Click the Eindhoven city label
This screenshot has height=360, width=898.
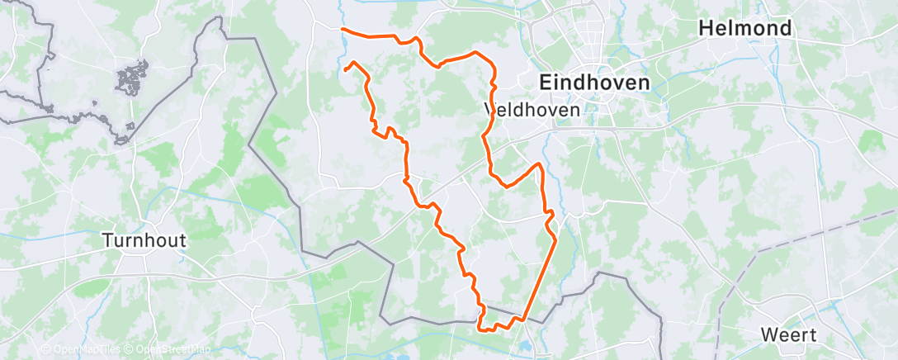tap(593, 83)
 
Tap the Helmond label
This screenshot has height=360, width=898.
tap(744, 28)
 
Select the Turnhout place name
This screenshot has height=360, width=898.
tap(144, 241)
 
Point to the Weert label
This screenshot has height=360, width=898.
tap(790, 335)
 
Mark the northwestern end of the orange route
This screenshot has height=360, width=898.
tap(343, 30)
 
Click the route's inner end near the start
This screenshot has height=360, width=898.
tap(345, 71)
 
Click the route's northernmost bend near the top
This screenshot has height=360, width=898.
tap(475, 53)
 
